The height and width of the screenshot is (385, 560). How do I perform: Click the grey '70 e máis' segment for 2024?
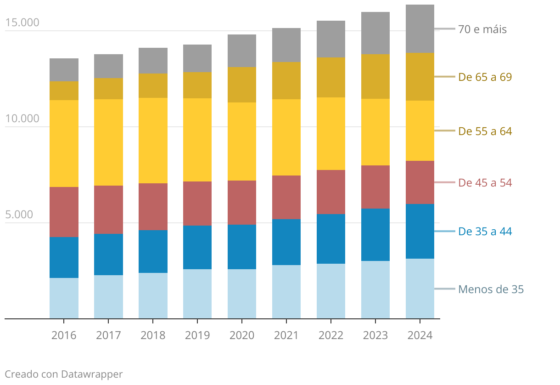(x=420, y=28)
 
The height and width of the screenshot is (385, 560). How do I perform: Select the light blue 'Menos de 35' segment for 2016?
(x=64, y=298)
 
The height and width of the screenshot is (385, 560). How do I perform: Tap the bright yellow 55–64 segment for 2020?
(x=242, y=141)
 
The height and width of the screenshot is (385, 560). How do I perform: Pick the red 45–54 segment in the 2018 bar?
(x=153, y=206)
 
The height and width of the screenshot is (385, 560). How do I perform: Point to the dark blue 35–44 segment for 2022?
(x=331, y=238)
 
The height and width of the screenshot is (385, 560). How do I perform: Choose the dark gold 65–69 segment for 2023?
(x=375, y=76)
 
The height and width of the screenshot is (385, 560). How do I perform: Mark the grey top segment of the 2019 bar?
(x=197, y=58)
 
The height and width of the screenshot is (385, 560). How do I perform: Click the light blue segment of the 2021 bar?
(x=286, y=291)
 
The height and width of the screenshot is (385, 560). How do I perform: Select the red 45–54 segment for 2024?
(x=420, y=182)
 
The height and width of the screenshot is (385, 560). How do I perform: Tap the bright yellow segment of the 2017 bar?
(x=108, y=142)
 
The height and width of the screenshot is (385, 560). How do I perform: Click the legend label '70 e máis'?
(x=482, y=29)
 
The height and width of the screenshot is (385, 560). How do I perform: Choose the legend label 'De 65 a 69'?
(x=485, y=77)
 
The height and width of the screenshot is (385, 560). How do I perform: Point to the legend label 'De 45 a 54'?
(x=485, y=183)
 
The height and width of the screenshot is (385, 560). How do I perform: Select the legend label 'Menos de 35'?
(x=491, y=289)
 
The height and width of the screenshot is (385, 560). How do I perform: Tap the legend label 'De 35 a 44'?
(x=485, y=232)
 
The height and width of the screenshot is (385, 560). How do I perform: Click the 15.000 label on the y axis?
(x=22, y=23)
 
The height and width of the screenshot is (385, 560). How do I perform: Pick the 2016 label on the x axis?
(x=64, y=335)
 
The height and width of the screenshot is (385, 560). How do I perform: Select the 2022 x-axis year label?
(x=331, y=335)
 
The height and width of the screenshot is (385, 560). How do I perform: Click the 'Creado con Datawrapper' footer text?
(x=64, y=374)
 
